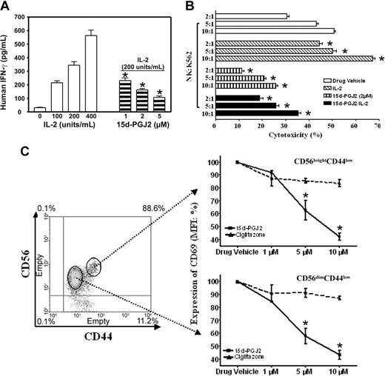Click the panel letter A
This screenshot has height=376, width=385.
[x=7, y=7]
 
